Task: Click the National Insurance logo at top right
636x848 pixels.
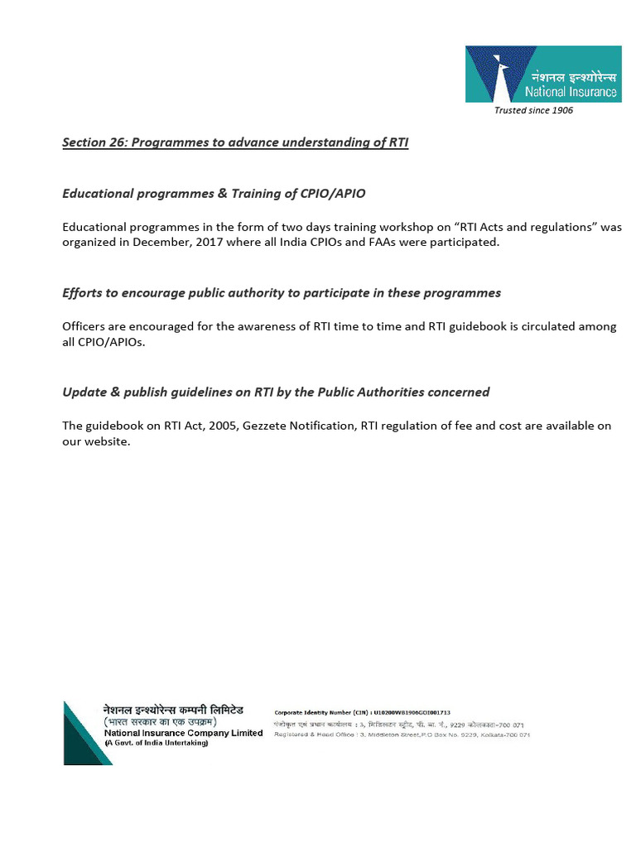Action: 542,75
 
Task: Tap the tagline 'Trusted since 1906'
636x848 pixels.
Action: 533,110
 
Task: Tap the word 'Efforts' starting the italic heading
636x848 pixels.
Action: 84,292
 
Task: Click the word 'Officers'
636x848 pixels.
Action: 85,326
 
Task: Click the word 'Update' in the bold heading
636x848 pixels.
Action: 84,392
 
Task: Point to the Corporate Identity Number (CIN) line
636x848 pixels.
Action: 362,712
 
